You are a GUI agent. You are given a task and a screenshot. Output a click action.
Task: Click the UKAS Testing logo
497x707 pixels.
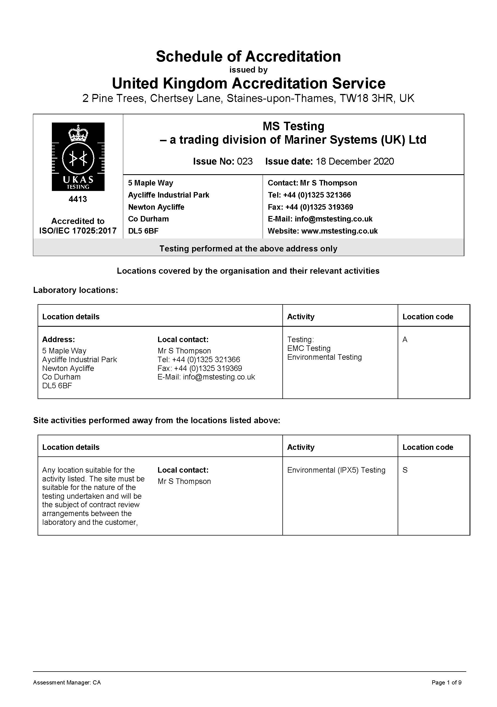78,156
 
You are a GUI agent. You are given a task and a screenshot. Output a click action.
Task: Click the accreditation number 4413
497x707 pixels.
78,199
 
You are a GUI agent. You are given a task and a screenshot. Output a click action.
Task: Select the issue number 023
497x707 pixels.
245,161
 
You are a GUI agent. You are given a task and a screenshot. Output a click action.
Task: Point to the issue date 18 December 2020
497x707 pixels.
355,161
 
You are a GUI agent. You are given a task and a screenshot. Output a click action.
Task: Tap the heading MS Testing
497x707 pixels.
293,126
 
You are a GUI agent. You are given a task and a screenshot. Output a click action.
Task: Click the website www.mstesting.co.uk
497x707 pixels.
339,231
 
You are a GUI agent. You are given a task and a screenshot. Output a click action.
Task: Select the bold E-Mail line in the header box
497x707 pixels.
320,219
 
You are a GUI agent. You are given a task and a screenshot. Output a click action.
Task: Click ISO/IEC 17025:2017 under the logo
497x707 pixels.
78,231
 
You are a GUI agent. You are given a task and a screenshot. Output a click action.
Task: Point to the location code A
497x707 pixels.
405,340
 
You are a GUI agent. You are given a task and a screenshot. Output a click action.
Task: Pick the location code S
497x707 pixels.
405,470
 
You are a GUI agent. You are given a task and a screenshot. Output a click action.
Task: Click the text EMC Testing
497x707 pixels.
309,348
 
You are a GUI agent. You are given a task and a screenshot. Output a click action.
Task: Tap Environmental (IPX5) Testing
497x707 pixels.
336,470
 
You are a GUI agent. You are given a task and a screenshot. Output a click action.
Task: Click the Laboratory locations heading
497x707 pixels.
76,290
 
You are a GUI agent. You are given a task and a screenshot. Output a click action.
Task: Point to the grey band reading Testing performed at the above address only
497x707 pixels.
248,248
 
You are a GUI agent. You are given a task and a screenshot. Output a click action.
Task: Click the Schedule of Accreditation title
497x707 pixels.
248,56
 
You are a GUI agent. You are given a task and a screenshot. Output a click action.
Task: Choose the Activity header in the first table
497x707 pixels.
301,317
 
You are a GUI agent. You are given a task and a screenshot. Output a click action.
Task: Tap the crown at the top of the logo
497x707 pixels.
78,133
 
